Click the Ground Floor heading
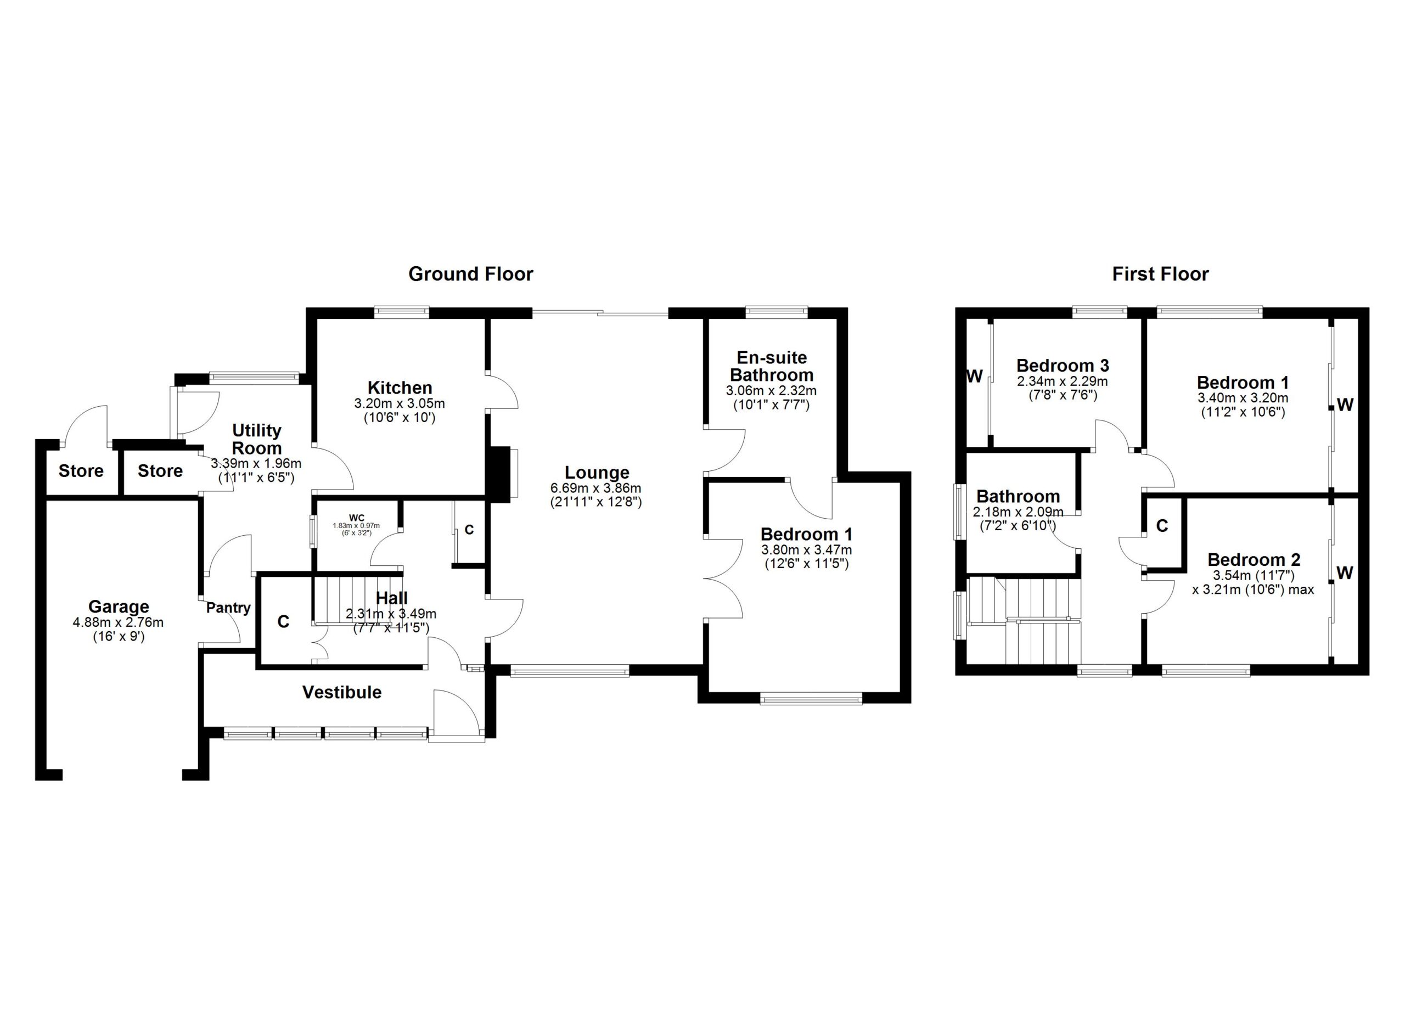coord(470,274)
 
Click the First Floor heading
coord(1160,274)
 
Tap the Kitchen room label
coord(400,388)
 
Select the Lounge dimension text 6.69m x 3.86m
coord(595,488)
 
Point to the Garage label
coord(119,607)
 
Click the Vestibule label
coord(341,692)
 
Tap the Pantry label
coord(228,608)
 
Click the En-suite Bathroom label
coord(771,366)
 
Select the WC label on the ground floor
coord(356,517)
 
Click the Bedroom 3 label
coord(1063,365)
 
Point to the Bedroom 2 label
coord(1254,559)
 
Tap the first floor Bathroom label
coord(1018,496)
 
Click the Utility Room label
coord(256,439)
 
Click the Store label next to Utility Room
coord(160,471)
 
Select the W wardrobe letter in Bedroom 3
coord(975,376)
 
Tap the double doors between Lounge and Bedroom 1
coord(723,579)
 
